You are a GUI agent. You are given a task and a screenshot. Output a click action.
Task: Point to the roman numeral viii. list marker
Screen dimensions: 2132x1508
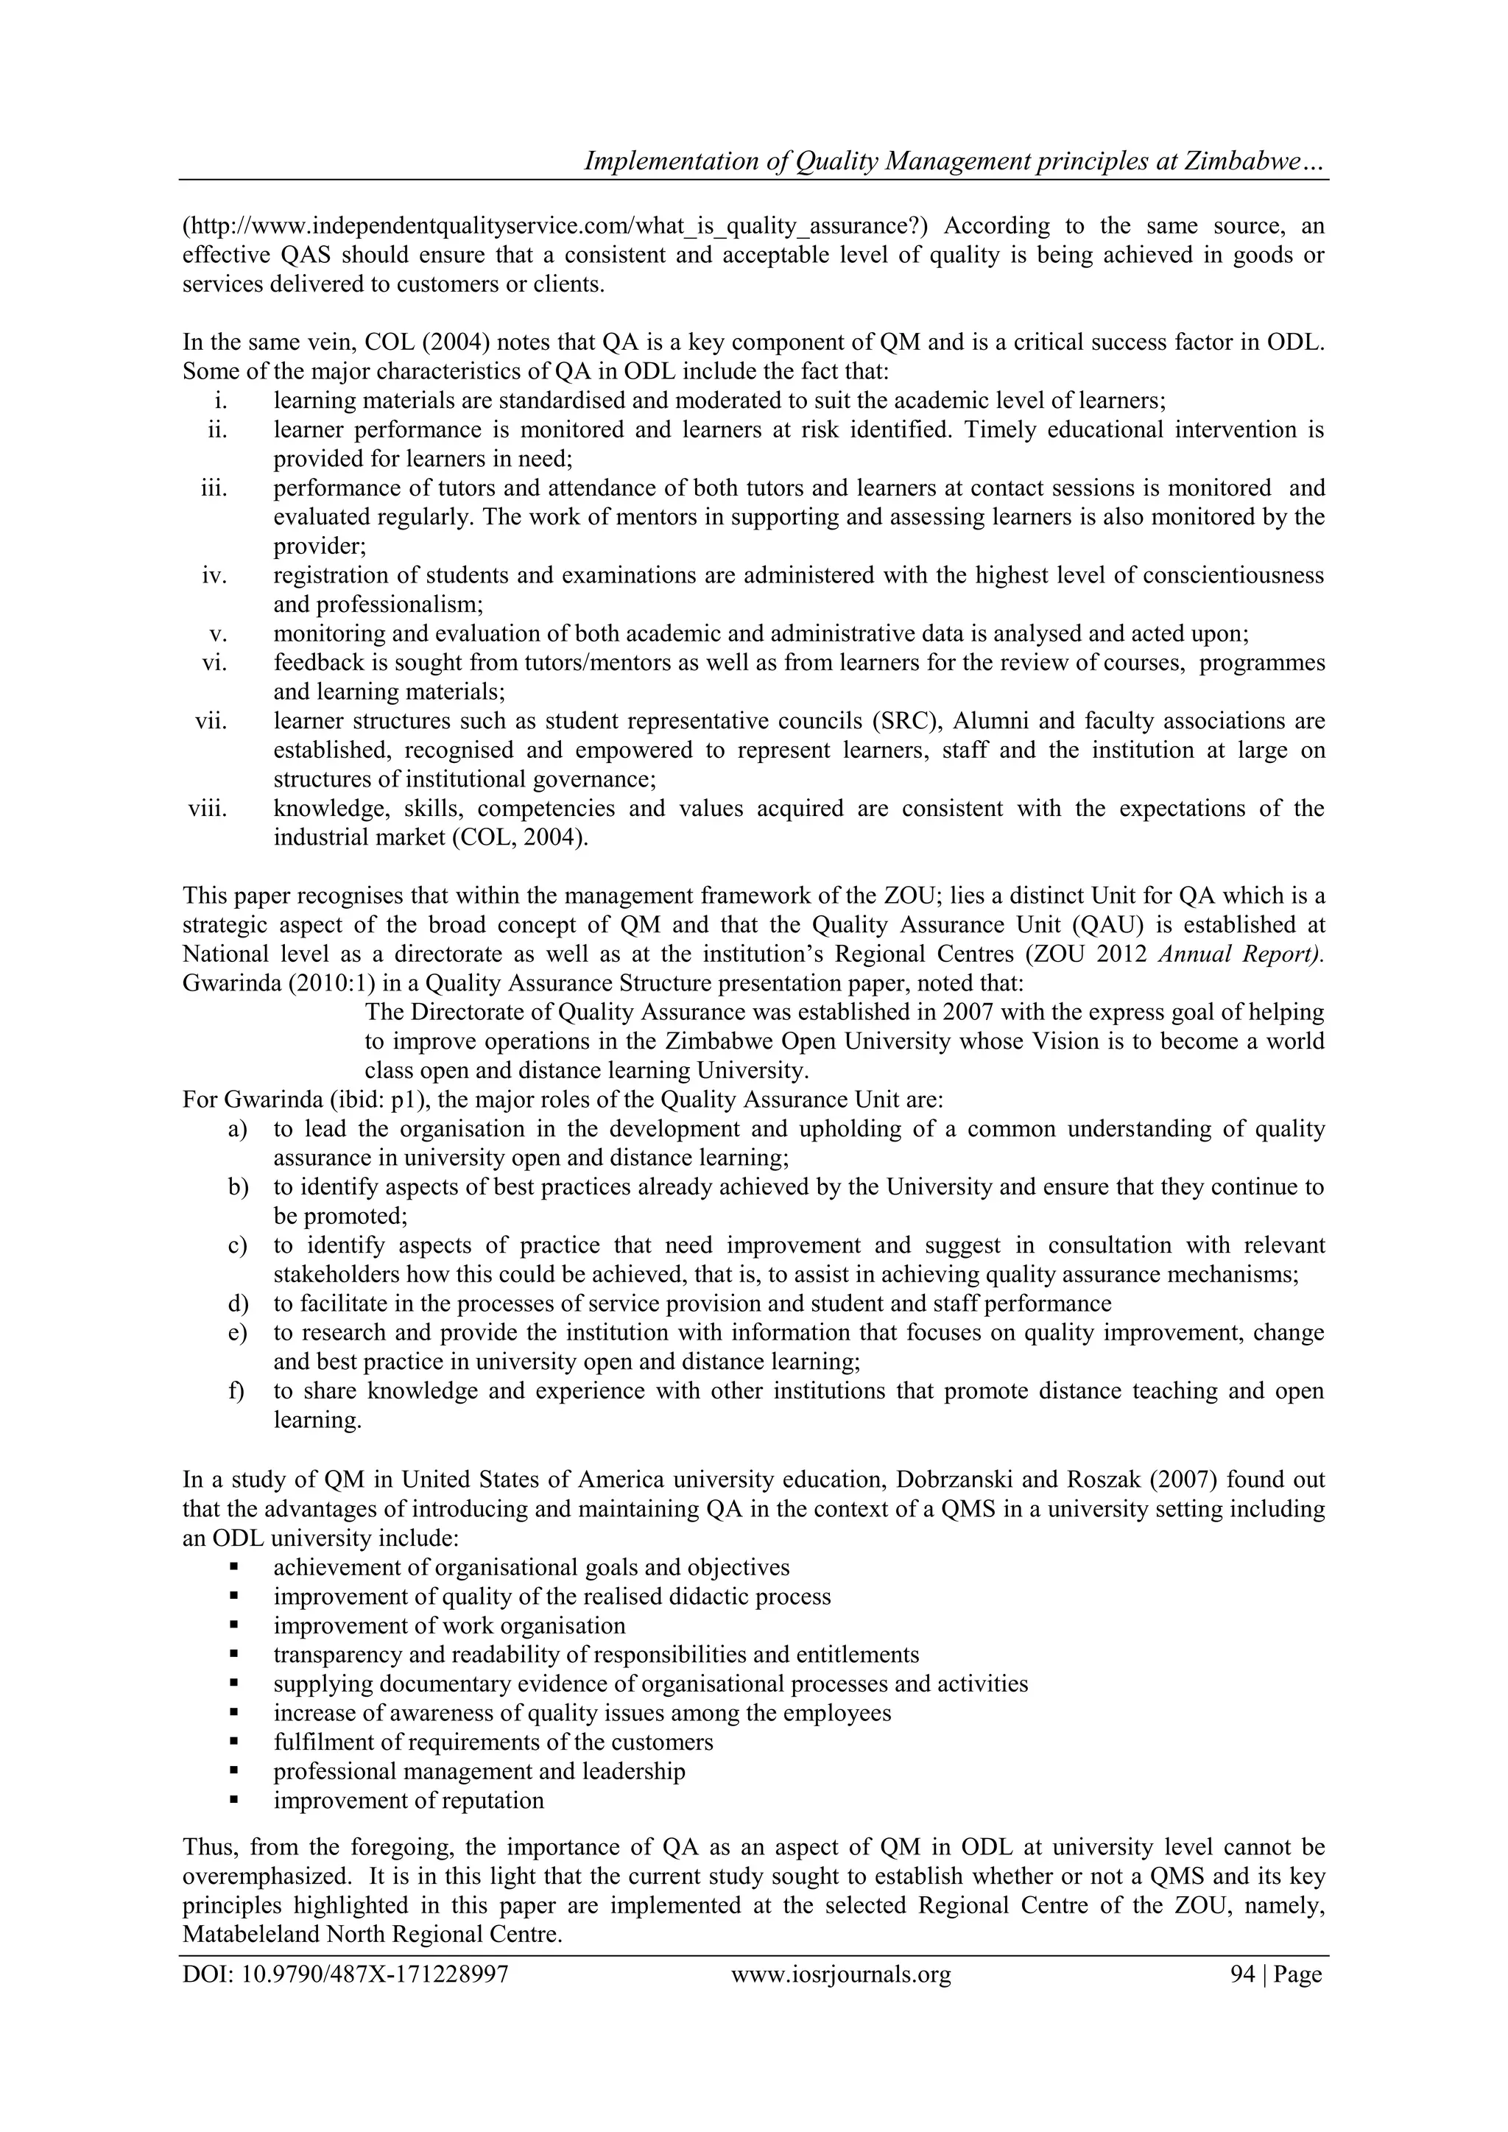click(x=208, y=808)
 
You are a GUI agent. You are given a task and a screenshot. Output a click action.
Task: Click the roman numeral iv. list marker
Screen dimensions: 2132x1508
click(x=214, y=574)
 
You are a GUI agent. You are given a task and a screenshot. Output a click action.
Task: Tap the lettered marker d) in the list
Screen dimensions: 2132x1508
click(x=239, y=1304)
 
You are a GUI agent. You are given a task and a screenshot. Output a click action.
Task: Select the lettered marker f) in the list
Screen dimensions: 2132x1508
click(x=239, y=1391)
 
